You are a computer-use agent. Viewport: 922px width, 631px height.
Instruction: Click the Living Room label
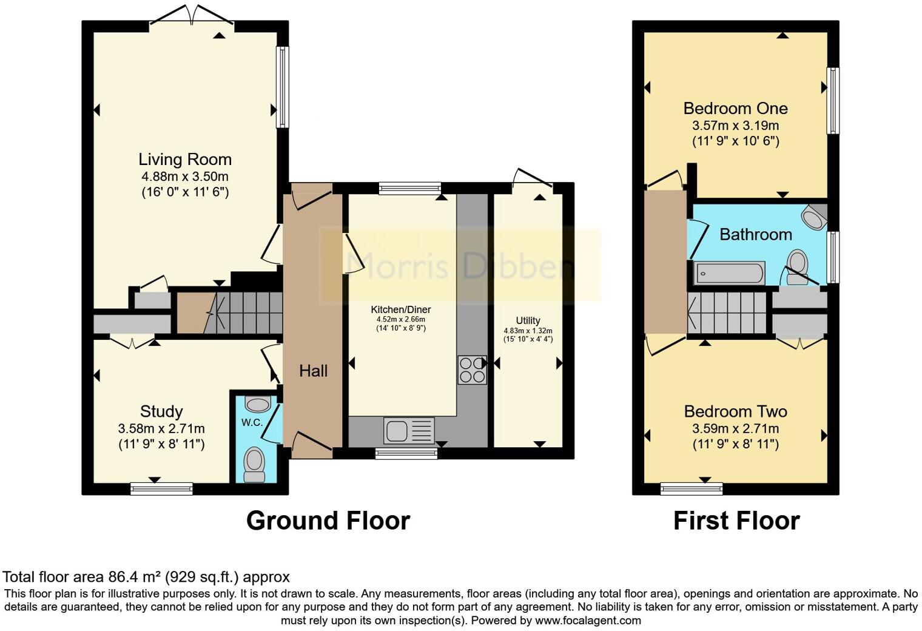point(185,160)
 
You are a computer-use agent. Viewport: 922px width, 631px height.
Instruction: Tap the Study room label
point(161,411)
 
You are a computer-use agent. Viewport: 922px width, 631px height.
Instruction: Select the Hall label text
point(313,371)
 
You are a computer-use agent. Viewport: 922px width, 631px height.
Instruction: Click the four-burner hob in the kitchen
point(472,369)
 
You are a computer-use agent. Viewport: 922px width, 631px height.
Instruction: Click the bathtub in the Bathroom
point(729,274)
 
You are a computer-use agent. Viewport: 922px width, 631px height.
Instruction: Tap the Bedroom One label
point(735,109)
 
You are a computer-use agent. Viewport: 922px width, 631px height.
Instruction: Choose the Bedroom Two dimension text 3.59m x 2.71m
point(735,428)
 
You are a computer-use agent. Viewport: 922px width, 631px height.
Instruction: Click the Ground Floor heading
point(328,521)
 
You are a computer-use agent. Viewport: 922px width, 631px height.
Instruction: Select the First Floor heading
point(736,521)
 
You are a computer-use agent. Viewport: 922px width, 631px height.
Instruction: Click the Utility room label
point(528,320)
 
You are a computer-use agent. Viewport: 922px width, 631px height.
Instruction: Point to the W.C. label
point(252,422)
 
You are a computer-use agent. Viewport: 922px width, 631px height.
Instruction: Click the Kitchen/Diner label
point(401,309)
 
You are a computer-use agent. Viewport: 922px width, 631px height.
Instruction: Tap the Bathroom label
point(755,234)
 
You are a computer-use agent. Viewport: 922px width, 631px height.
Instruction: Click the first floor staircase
point(728,312)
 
